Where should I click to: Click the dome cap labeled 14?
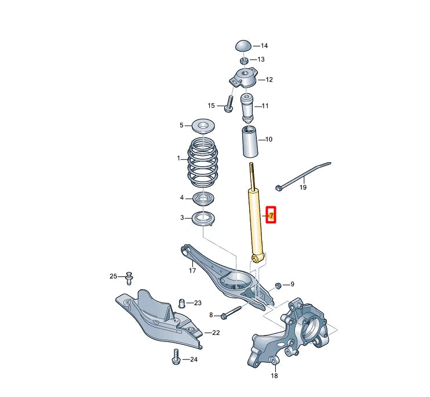point(243,46)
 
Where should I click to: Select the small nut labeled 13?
point(243,60)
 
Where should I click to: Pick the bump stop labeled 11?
point(248,107)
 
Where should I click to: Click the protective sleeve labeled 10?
point(250,142)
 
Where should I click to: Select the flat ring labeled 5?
point(203,125)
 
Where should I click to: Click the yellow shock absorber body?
point(256,220)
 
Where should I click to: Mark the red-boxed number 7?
point(271,216)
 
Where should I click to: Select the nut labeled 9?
point(278,285)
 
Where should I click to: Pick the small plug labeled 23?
point(181,303)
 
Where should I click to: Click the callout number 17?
point(192,270)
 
